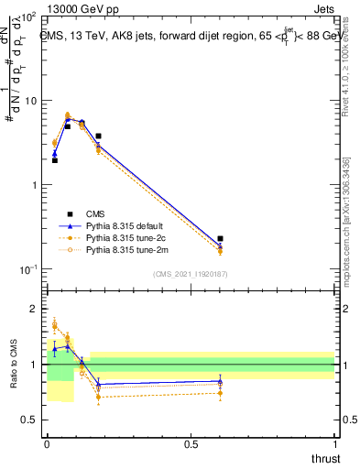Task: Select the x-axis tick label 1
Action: pos(334,444)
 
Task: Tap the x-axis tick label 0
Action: pos(46,444)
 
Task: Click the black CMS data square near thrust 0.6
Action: pos(220,238)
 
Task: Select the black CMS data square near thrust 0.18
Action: pos(98,136)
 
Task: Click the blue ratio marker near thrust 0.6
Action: pos(220,381)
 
